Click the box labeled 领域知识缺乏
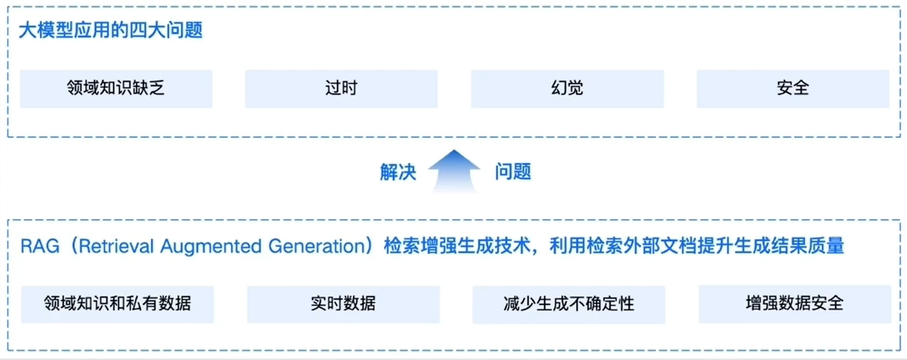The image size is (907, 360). [x=116, y=88]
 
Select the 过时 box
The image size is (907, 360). [x=341, y=88]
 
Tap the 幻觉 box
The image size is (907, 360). [x=567, y=88]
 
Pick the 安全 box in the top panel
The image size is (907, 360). [x=792, y=88]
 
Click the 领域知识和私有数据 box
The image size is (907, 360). [x=118, y=304]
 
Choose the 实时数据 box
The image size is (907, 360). [x=343, y=304]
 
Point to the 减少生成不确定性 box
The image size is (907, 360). [x=568, y=304]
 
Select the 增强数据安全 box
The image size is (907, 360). [x=794, y=304]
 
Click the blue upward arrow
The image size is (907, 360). [x=454, y=172]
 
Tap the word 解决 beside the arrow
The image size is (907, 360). [x=398, y=172]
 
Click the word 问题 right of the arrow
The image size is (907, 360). [x=513, y=172]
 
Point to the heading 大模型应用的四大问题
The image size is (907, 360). [x=110, y=30]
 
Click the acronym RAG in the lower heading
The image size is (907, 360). [x=39, y=247]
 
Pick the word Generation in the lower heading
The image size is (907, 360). [x=315, y=247]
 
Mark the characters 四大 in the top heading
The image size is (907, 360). [x=147, y=30]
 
